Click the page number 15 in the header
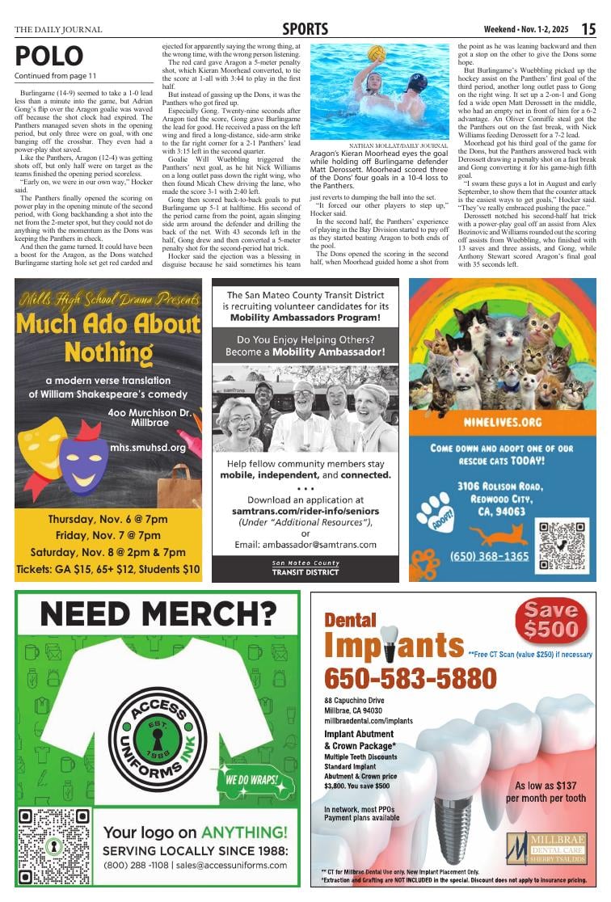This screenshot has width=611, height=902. click(x=588, y=29)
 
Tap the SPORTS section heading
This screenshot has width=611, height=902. click(x=305, y=29)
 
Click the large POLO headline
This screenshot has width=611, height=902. click(x=48, y=57)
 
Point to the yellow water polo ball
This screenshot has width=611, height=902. click(x=376, y=53)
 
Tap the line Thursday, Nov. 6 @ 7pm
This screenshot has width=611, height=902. click(x=107, y=519)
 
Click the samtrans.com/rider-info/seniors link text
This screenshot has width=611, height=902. click(x=305, y=512)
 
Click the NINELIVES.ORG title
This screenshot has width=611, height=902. click(x=502, y=423)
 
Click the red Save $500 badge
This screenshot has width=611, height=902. click(x=551, y=619)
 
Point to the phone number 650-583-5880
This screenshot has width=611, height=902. click(x=399, y=677)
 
